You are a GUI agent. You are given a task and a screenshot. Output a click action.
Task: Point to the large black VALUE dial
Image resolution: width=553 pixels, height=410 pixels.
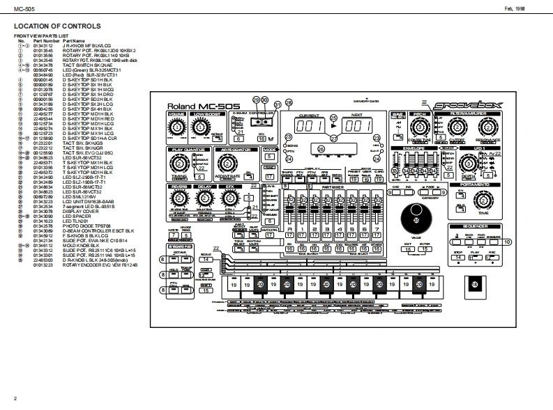pyautogui.click(x=417, y=220)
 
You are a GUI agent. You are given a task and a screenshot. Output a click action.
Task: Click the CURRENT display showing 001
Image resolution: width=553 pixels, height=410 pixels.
pyautogui.click(x=308, y=126)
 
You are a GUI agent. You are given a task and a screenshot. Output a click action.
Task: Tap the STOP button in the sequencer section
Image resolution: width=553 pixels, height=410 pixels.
pyautogui.click(x=457, y=258)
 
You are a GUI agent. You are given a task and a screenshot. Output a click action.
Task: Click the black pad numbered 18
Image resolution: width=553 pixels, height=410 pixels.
pyautogui.click(x=475, y=285)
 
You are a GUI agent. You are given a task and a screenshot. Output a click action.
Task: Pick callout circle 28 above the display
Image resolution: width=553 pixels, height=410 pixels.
pyautogui.click(x=289, y=102)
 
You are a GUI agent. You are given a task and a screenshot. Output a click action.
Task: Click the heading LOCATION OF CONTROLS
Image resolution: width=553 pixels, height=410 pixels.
pyautogui.click(x=56, y=27)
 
